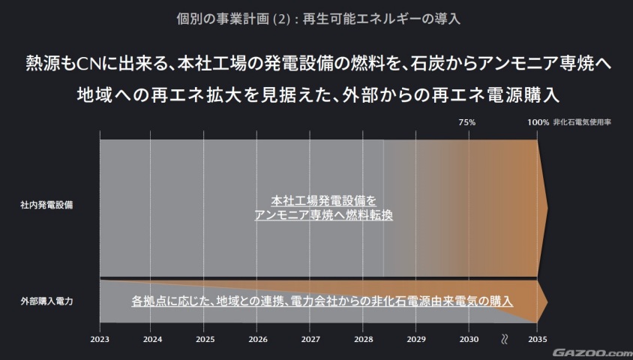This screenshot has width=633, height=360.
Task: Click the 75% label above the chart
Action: click(x=466, y=121)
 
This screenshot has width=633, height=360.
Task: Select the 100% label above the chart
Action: click(x=538, y=121)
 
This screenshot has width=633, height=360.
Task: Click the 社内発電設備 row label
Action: click(x=47, y=204)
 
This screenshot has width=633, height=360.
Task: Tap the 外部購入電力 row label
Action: click(x=47, y=301)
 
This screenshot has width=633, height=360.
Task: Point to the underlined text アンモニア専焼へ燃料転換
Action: click(x=324, y=214)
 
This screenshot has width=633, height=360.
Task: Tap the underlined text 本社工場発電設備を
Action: click(x=323, y=200)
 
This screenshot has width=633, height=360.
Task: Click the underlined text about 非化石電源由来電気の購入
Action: click(x=322, y=301)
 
